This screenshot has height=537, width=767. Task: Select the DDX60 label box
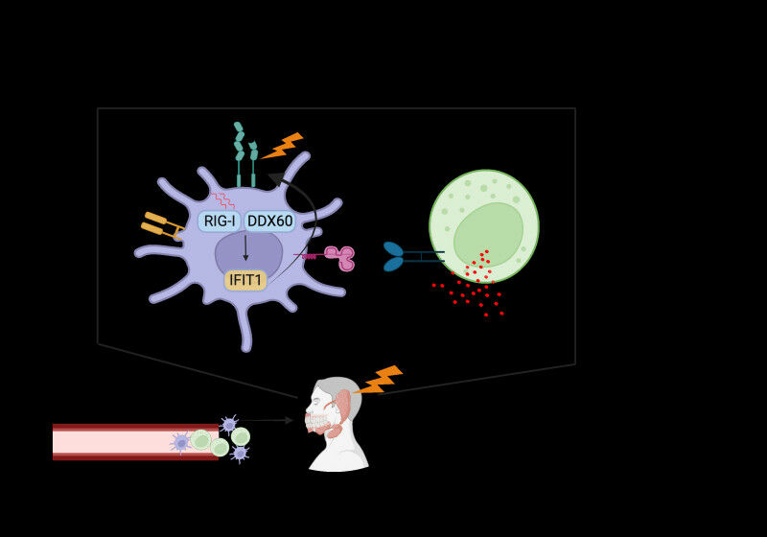click(x=269, y=222)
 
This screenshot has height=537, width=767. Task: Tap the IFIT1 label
click(x=245, y=280)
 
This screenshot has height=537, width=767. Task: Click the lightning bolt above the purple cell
click(x=283, y=147)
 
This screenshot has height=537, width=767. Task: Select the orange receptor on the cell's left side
click(x=159, y=224)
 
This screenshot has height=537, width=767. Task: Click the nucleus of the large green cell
click(x=488, y=235)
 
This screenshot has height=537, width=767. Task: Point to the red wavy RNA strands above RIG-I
click(x=222, y=199)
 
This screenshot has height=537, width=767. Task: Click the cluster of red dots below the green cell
click(x=475, y=283)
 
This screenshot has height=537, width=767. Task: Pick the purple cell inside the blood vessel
click(x=181, y=443)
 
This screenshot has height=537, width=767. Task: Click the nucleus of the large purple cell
click(x=247, y=255)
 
